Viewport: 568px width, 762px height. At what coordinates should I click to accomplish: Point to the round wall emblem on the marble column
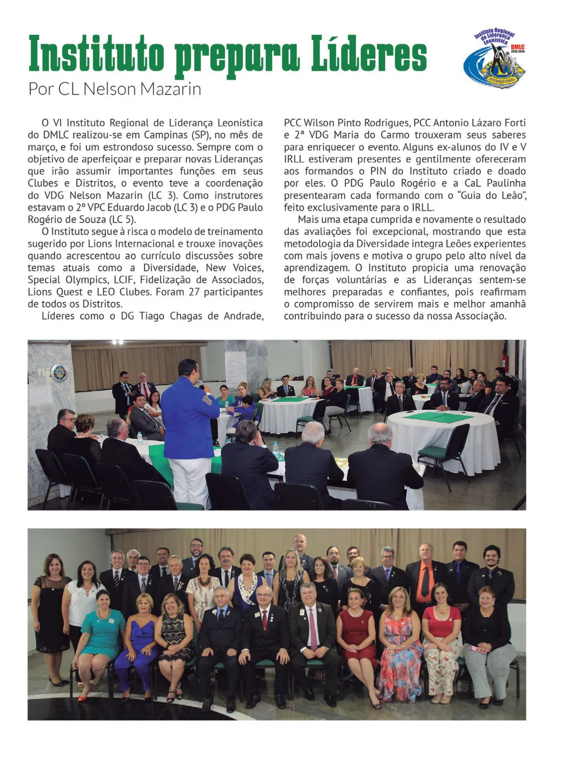(59, 373)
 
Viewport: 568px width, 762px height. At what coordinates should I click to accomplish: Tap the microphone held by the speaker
(201, 384)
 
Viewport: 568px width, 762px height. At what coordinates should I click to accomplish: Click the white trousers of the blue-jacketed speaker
(189, 478)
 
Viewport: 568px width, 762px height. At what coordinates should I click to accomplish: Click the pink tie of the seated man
(313, 629)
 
